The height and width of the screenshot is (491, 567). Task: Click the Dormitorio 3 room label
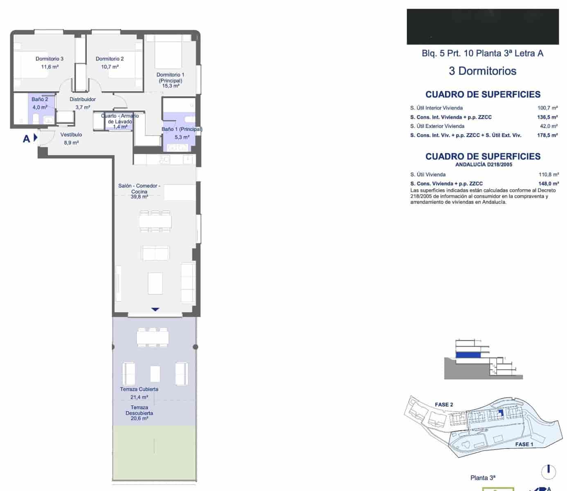(49, 59)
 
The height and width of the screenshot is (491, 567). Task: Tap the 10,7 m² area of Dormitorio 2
(110, 66)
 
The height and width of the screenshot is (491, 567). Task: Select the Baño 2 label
(40, 99)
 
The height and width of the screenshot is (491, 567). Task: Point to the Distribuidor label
(83, 99)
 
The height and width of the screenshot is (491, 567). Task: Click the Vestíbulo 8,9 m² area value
(71, 142)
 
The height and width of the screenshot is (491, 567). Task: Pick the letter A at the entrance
(27, 139)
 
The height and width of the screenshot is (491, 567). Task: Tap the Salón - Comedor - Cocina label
(139, 188)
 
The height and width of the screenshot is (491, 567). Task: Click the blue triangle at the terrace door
(155, 309)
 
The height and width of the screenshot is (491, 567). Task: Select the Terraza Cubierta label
(139, 389)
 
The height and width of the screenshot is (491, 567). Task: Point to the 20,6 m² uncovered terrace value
(139, 419)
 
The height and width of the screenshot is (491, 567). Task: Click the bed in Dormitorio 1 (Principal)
(168, 52)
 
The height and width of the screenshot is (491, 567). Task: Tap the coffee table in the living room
(155, 283)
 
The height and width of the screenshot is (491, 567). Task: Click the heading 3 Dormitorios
(482, 71)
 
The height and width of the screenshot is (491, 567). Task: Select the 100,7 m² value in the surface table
(547, 108)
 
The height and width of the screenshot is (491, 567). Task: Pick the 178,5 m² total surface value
(547, 135)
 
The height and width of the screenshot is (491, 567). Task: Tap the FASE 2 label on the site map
(444, 404)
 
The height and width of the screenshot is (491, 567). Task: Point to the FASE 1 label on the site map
(524, 444)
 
